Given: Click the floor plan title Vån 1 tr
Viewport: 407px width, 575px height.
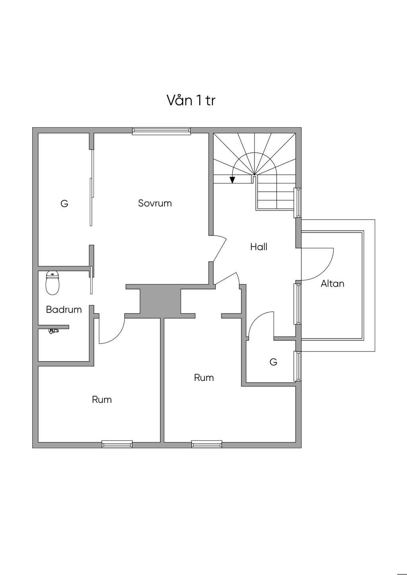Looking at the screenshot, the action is pyautogui.click(x=191, y=100).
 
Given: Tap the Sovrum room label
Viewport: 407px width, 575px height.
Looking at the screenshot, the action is pyautogui.click(x=155, y=203).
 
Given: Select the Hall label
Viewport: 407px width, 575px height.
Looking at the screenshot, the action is pyautogui.click(x=259, y=247).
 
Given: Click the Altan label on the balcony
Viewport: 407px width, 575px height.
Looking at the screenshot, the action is pyautogui.click(x=332, y=284).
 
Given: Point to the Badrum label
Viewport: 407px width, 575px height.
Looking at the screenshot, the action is pyautogui.click(x=64, y=310).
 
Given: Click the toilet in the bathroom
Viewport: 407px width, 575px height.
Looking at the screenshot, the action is pyautogui.click(x=52, y=283).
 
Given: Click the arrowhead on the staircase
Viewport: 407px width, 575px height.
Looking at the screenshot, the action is pyautogui.click(x=233, y=180).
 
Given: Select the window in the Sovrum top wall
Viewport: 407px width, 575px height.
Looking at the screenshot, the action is pyautogui.click(x=161, y=131).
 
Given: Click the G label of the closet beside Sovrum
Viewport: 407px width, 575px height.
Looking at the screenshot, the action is pyautogui.click(x=64, y=204).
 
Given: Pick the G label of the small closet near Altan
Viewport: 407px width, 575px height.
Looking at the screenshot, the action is pyautogui.click(x=273, y=362).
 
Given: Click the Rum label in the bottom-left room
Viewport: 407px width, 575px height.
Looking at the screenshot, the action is pyautogui.click(x=102, y=399).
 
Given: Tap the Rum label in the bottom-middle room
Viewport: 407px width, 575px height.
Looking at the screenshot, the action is pyautogui.click(x=204, y=378).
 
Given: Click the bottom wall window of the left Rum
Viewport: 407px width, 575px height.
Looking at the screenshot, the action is pyautogui.click(x=117, y=444).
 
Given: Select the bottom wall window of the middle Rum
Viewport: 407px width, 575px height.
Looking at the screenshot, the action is pyautogui.click(x=207, y=444).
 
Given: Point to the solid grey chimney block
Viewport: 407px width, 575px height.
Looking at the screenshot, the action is pyautogui.click(x=160, y=301).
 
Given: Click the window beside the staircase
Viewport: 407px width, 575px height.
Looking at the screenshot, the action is pyautogui.click(x=298, y=203).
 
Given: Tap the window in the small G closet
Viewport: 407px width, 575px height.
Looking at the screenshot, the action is pyautogui.click(x=298, y=366).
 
